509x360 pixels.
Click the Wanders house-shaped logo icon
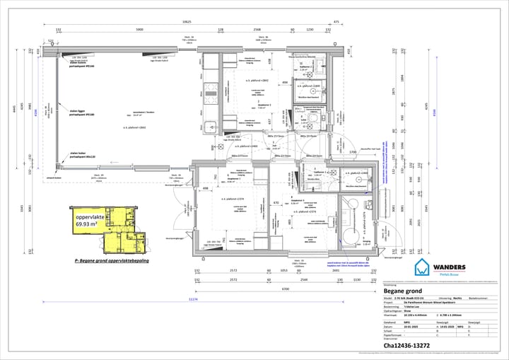pos(423,267)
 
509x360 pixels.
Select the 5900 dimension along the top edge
pos(140,30)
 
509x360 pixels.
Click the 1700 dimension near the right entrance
pos(351,152)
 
